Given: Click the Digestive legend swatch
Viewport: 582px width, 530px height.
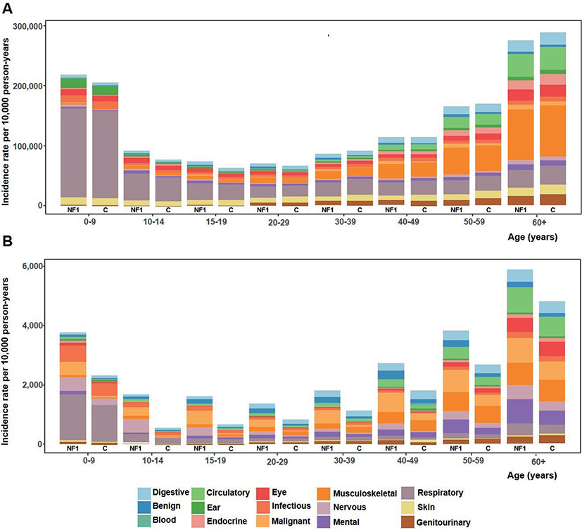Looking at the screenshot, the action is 144,493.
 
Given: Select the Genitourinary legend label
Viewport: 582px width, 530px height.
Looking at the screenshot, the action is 443,522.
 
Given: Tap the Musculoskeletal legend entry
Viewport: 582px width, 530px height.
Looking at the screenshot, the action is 358,493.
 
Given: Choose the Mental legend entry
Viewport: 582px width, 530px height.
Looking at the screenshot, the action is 339,522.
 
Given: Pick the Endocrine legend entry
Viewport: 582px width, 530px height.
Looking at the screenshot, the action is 220,521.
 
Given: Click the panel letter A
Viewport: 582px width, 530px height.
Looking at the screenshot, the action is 7,8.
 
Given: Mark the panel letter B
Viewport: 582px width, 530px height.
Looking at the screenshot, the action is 7,241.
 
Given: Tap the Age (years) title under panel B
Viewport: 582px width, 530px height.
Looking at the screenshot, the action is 532,475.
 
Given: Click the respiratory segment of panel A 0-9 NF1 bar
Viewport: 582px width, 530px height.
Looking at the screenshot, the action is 73,153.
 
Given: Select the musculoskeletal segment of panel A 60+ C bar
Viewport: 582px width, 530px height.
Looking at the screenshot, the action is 553,131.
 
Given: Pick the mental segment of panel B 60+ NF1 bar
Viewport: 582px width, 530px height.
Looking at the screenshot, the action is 520,411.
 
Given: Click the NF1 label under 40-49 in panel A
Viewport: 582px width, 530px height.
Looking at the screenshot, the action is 391,210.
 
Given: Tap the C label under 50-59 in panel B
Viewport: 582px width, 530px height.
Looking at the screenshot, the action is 488,448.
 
